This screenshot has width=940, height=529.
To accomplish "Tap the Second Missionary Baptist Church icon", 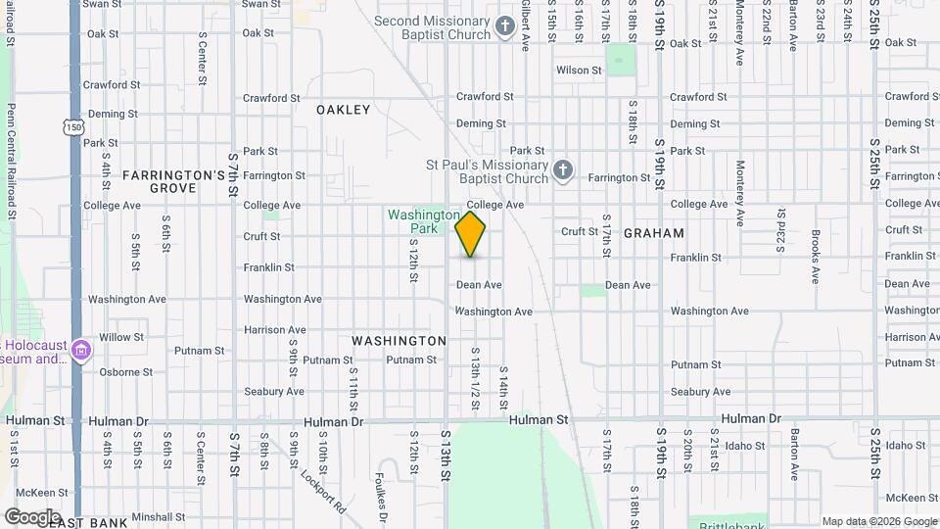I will click(504, 25).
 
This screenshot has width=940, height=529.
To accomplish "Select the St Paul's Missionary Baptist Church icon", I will click(562, 171).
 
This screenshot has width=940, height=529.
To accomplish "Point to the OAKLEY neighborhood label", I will click(344, 110).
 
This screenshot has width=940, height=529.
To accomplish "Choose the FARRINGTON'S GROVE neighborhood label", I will click(174, 181).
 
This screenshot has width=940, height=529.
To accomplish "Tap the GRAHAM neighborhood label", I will click(653, 233).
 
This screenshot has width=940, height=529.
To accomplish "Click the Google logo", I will click(32, 516).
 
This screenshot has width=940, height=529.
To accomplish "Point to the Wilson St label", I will click(579, 71).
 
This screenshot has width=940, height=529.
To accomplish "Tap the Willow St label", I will click(121, 337).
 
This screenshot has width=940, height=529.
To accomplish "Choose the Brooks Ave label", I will click(815, 257).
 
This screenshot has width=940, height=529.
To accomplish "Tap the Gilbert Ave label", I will click(526, 24).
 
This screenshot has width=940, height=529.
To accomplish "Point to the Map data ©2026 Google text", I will click(877, 521).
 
